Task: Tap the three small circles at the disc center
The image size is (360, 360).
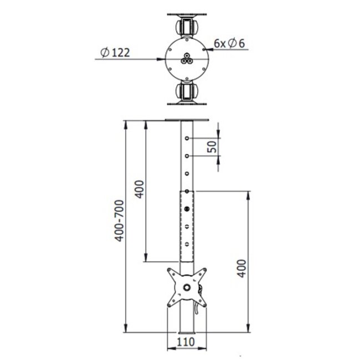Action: click(187, 59)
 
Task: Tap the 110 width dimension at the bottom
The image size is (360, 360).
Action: click(187, 342)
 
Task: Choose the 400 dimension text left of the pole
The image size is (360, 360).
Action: click(140, 191)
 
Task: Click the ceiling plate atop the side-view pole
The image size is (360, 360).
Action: click(187, 120)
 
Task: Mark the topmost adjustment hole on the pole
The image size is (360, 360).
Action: click(187, 138)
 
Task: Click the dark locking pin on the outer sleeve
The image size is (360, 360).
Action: click(187, 209)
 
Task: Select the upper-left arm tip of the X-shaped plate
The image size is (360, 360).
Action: click(170, 271)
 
